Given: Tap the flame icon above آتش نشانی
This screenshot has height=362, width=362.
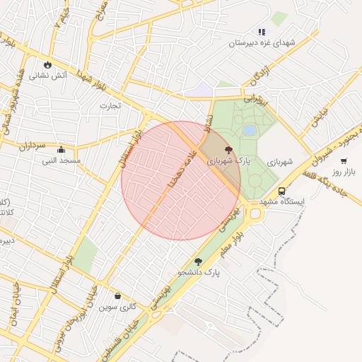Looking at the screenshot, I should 47,64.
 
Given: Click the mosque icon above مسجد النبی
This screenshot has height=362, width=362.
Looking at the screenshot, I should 61,150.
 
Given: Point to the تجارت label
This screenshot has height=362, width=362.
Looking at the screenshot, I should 110,106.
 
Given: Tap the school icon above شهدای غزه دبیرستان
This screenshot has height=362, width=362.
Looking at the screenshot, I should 262,32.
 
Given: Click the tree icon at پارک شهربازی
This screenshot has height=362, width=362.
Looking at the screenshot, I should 228,150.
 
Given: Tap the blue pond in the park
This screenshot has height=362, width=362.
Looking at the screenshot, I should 249,131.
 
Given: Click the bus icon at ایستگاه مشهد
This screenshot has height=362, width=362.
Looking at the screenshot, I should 281,191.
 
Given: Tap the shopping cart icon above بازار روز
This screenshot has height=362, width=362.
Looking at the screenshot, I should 344,161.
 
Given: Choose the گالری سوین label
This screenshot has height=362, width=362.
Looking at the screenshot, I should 117,307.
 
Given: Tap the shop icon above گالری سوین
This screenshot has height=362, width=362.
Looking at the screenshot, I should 117,296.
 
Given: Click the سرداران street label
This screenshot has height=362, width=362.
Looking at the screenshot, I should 32,146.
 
